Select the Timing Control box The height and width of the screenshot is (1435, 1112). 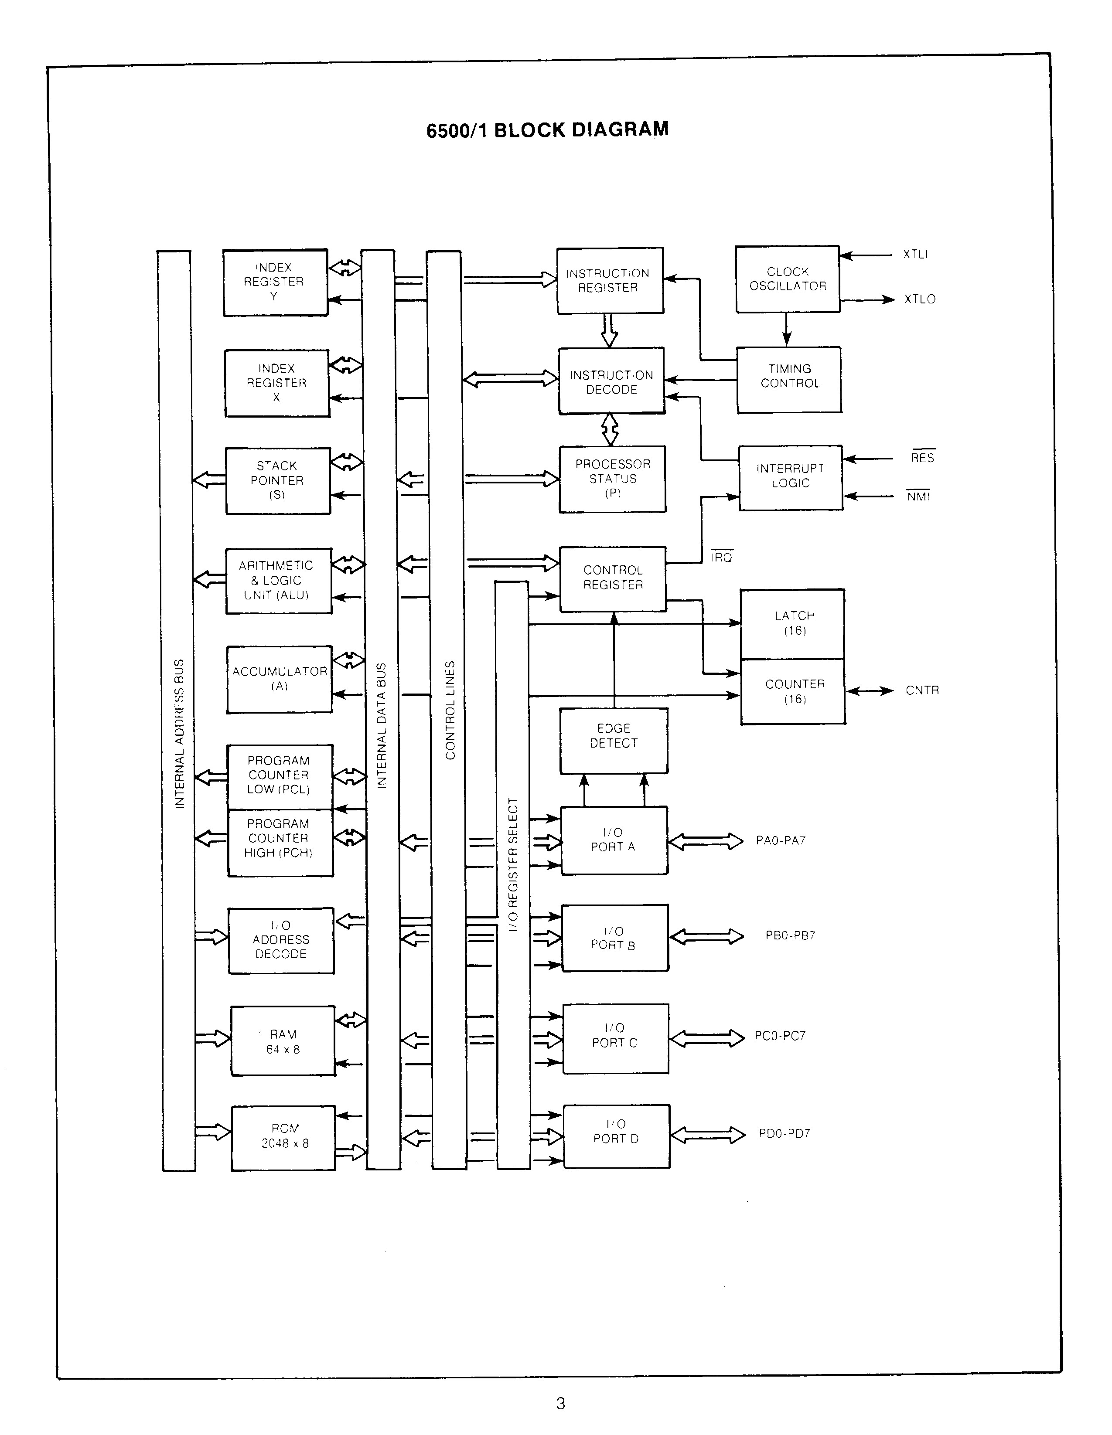pos(789,379)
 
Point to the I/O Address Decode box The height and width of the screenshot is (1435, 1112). pos(281,940)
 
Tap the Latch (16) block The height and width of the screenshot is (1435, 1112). pos(793,623)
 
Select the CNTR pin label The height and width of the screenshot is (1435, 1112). pos(922,690)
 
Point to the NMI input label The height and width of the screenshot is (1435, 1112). pos(918,497)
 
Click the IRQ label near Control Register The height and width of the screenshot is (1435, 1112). pos(722,558)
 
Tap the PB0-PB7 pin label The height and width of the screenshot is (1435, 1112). pos(790,935)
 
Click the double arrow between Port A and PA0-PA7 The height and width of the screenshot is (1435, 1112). pos(706,842)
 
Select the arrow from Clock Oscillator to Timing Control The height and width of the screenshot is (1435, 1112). pos(787,329)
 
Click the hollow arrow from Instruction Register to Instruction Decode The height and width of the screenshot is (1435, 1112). pos(609,330)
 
